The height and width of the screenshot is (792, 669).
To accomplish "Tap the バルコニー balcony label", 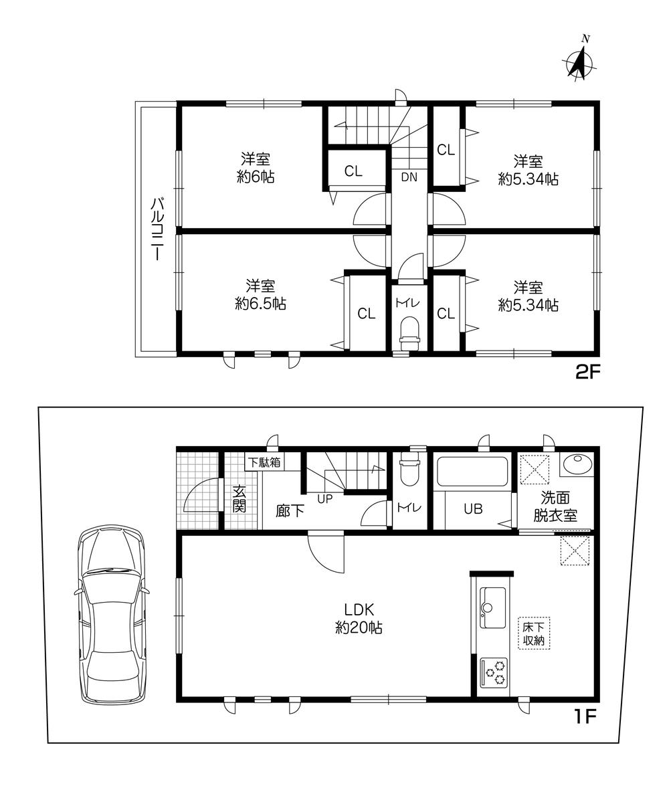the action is click(x=157, y=230).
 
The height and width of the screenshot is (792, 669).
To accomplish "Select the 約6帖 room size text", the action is click(x=256, y=177).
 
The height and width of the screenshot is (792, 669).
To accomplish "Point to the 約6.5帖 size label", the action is click(x=260, y=304).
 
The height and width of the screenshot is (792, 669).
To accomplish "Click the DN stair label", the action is click(x=409, y=177).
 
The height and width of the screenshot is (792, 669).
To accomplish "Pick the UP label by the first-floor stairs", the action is click(x=325, y=498).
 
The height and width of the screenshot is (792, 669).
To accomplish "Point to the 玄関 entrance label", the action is click(x=239, y=498).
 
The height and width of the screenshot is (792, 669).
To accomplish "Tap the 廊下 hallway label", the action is click(x=290, y=511).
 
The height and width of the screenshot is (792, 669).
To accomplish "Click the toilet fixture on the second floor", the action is click(x=409, y=333).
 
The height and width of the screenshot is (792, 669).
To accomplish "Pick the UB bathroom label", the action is click(x=473, y=509).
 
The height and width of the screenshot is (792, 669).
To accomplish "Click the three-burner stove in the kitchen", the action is click(x=493, y=672).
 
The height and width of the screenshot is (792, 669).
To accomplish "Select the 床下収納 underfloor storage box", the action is click(x=534, y=633).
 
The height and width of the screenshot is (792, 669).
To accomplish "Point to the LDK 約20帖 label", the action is click(x=359, y=617).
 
